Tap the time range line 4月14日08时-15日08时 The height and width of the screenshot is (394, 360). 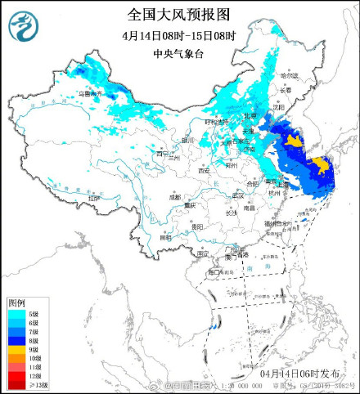[179, 36]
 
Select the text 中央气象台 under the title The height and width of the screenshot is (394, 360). [179, 55]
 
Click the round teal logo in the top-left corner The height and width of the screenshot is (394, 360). [23, 26]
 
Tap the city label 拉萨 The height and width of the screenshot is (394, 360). [94, 198]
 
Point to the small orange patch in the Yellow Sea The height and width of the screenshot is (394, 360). [293, 143]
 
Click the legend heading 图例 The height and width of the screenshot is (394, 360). [18, 302]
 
